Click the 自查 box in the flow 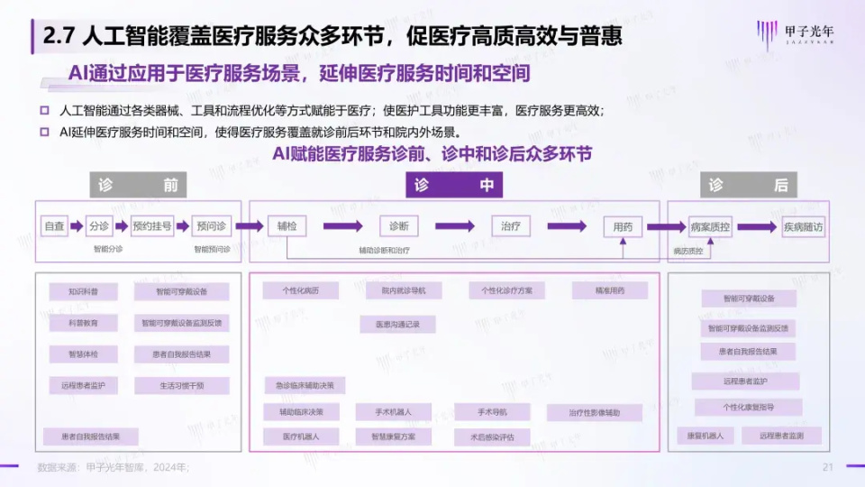point(55,226)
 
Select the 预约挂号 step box point(151,226)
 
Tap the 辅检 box point(287,226)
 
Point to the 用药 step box point(623,226)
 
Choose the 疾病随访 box point(802,226)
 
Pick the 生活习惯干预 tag point(181,385)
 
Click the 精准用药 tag point(609,290)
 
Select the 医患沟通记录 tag point(398,323)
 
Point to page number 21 point(828,466)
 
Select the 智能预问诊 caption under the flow point(213,249)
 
